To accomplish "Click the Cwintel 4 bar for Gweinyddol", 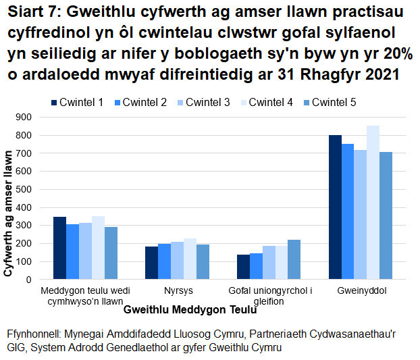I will click(x=373, y=202).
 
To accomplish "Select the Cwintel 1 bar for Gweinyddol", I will click(x=335, y=207).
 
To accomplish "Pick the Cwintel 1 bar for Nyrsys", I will click(x=151, y=263).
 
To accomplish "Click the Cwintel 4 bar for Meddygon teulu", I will click(x=98, y=247).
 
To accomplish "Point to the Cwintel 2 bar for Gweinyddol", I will click(x=348, y=211).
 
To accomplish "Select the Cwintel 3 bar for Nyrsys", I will click(x=177, y=260).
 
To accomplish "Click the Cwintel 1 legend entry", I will click(x=77, y=103).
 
